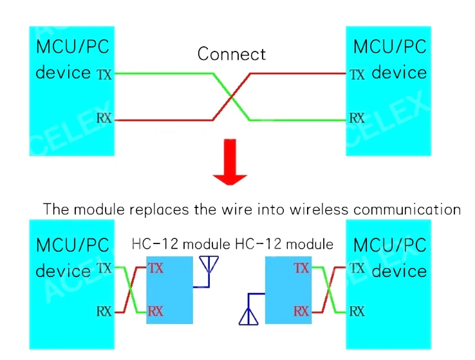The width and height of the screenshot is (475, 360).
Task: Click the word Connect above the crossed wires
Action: click(x=231, y=54)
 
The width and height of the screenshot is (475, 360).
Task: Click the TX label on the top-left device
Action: click(x=104, y=75)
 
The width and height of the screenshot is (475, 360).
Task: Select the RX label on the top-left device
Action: click(x=104, y=118)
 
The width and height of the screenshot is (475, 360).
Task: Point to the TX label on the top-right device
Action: click(x=357, y=75)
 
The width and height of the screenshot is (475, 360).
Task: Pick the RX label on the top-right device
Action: click(x=357, y=118)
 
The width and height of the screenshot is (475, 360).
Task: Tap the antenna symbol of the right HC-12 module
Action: click(x=248, y=315)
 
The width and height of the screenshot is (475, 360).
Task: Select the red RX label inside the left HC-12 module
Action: click(x=156, y=312)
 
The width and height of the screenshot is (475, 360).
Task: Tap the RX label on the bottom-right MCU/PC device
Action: click(x=357, y=312)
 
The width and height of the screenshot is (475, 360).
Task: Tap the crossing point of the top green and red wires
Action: click(x=231, y=97)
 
